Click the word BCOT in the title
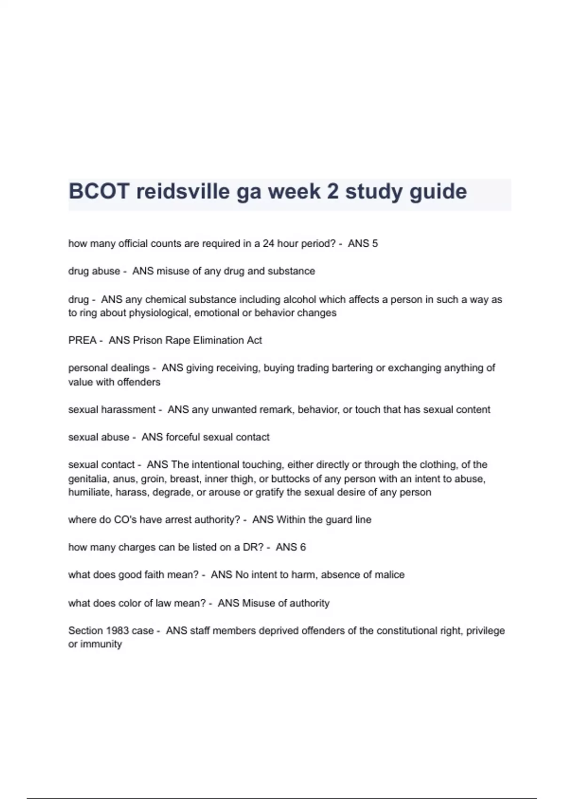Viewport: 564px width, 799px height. [99, 192]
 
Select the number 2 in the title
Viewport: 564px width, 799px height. [332, 192]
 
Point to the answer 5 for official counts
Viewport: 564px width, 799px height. [375, 243]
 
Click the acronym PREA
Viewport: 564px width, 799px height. [82, 340]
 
